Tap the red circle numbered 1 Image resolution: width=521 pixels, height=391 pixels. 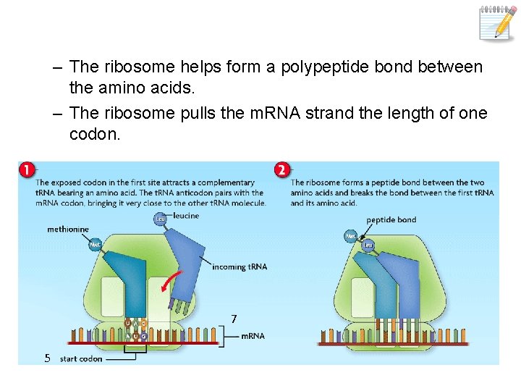tap(27, 170)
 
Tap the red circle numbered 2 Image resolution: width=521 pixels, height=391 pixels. tap(281, 170)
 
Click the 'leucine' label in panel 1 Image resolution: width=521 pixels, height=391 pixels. tap(186, 216)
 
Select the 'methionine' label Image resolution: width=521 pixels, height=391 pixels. tap(68, 230)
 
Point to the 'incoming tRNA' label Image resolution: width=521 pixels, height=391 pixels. tap(240, 267)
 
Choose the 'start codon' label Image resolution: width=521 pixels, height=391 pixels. tap(81, 359)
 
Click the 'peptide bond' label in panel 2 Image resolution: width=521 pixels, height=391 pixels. tap(391, 220)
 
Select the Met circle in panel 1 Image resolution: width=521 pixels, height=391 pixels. tap(95, 245)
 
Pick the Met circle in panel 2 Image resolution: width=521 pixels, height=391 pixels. tap(350, 236)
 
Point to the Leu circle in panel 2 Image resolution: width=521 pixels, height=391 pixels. tap(367, 245)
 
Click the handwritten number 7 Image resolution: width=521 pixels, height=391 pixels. tap(234, 319)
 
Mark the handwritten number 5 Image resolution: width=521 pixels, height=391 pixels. tap(46, 358)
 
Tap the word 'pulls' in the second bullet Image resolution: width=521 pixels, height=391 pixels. tap(198, 114)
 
